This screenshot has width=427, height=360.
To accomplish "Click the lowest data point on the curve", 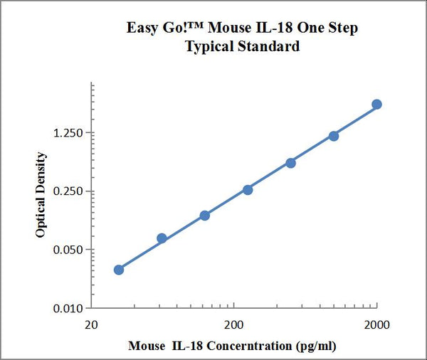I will coord(119,270).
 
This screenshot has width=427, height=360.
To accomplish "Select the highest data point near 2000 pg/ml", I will coord(376,105).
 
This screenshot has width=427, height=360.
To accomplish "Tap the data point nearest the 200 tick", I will coord(248,189).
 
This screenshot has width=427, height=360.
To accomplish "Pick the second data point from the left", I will coord(162,238).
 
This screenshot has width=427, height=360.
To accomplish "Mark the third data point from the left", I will coord(205,215).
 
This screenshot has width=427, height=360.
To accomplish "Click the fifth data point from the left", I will coord(290,163).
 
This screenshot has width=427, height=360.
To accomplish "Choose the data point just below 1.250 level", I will coord(334,136).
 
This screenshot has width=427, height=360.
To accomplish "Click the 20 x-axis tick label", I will coord(91,325).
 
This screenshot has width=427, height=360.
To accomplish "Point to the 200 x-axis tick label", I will coord(233,325).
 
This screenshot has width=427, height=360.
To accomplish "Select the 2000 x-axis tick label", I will coord(376,325).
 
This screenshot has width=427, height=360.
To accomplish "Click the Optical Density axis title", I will coord(41,194).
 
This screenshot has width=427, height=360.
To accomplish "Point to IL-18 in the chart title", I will coord(285,28).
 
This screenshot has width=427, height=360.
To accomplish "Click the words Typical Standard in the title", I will coord(242,47).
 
